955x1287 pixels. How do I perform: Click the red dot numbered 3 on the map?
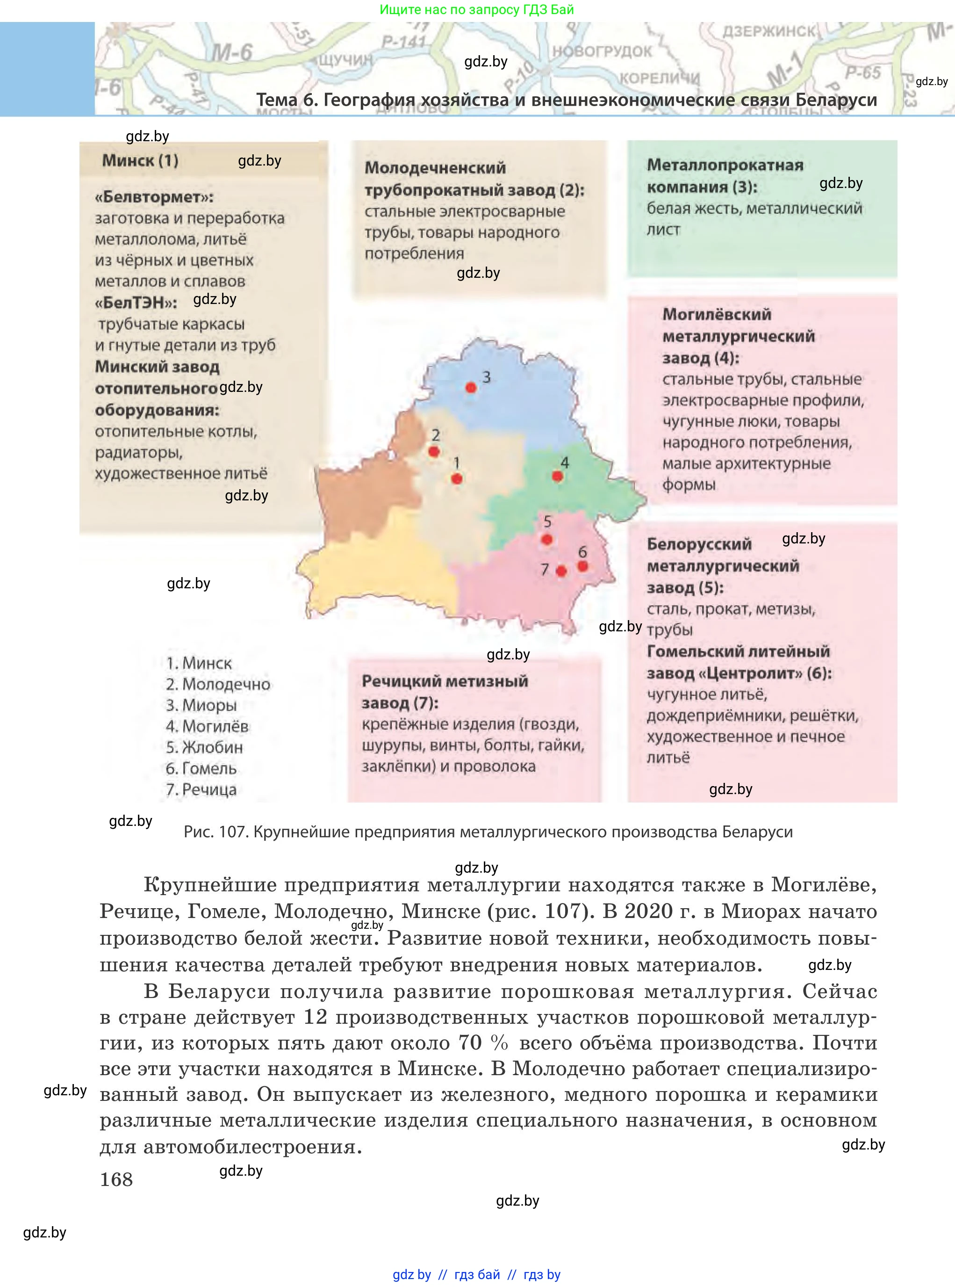[x=471, y=388]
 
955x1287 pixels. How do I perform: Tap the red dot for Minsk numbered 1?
[x=457, y=479]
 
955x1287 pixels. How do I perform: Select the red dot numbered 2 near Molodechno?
[x=434, y=451]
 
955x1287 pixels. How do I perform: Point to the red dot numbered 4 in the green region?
[x=557, y=476]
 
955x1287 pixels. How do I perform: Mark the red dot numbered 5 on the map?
[x=547, y=540]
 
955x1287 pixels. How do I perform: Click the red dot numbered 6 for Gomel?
[x=583, y=566]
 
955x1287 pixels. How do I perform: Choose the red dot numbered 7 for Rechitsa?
[x=561, y=571]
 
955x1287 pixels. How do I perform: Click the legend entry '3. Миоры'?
[x=201, y=705]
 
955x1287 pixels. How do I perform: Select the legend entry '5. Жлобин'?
[x=204, y=747]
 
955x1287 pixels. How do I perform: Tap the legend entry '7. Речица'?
[x=201, y=789]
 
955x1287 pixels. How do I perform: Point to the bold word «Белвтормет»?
[x=154, y=197]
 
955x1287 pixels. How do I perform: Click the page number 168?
[x=116, y=1179]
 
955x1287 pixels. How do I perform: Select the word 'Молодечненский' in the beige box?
[x=435, y=168]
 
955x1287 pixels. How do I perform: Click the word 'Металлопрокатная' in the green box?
[x=725, y=165]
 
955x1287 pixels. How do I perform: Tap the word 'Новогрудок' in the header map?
[x=601, y=51]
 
